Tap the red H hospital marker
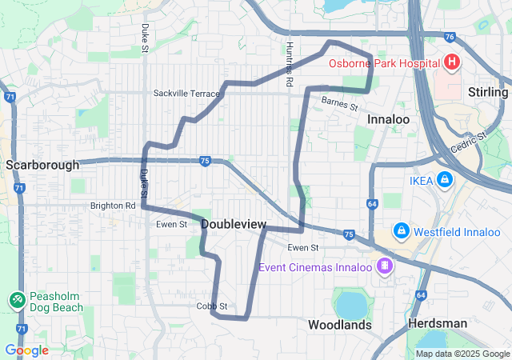(452, 62)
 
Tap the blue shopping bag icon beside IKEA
(445, 181)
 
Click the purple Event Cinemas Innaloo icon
(386, 265)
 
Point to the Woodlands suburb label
(340, 325)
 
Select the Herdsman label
(437, 323)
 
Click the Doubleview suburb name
(234, 225)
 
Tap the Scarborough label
(42, 165)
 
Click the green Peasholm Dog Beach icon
(16, 299)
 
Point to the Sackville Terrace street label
(186, 94)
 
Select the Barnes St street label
(339, 103)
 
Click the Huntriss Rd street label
(290, 64)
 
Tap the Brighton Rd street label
(113, 206)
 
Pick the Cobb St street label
(213, 306)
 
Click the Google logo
(26, 350)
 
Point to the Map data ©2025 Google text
(462, 354)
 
